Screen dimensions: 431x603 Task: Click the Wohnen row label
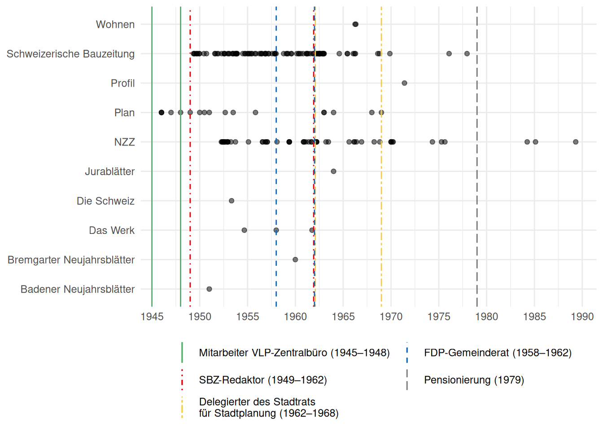[115, 25]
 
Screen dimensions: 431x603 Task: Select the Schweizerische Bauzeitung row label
[70, 54]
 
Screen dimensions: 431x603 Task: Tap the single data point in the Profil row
[404, 83]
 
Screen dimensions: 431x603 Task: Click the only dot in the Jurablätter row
[333, 172]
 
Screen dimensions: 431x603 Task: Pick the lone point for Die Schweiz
[232, 201]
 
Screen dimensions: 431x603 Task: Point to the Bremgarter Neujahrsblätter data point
[295, 259]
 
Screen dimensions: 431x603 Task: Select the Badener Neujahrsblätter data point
[209, 289]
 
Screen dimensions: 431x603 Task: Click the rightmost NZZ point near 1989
[576, 142]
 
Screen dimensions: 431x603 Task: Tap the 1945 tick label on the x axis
[152, 317]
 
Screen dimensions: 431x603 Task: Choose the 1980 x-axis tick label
[486, 317]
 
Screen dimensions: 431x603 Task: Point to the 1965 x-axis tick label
[343, 317]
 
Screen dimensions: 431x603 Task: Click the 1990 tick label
[582, 317]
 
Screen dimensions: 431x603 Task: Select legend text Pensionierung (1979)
[474, 380]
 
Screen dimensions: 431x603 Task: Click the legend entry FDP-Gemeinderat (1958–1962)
[498, 353]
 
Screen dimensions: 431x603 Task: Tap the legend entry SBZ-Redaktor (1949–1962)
[263, 380]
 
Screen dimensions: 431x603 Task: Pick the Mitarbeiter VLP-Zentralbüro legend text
[294, 353]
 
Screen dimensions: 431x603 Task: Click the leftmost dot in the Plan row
[162, 112]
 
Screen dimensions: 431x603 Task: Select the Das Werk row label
[112, 230]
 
